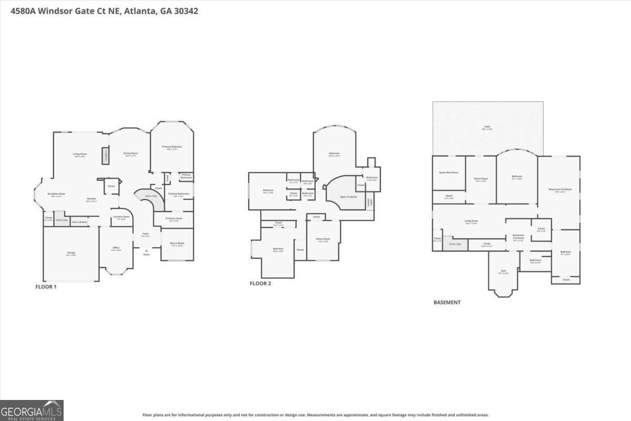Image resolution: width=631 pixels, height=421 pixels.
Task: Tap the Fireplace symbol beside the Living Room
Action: click(x=105, y=155)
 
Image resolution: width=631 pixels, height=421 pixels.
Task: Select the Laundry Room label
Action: click(x=121, y=217)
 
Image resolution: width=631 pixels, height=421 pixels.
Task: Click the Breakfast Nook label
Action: click(x=56, y=194)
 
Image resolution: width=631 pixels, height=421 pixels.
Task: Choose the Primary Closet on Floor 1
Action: click(x=174, y=219)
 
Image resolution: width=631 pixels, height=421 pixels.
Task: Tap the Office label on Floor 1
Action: click(x=116, y=248)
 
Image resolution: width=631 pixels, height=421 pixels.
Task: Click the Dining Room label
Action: click(x=130, y=154)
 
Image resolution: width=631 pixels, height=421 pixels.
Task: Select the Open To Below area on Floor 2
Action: click(x=349, y=196)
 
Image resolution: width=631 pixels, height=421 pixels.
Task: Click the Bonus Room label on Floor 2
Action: click(x=323, y=239)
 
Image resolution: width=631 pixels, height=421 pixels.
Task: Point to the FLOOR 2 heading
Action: click(x=260, y=283)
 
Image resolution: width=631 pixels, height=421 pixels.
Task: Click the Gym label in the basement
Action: click(x=503, y=272)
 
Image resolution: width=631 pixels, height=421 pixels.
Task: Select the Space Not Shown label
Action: click(x=449, y=173)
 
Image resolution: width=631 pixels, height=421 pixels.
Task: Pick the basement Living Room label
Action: click(x=471, y=222)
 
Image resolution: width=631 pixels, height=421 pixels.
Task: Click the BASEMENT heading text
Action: click(x=446, y=303)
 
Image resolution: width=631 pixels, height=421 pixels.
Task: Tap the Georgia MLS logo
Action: click(x=32, y=410)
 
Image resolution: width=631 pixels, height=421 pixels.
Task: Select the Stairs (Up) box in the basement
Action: click(x=455, y=244)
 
